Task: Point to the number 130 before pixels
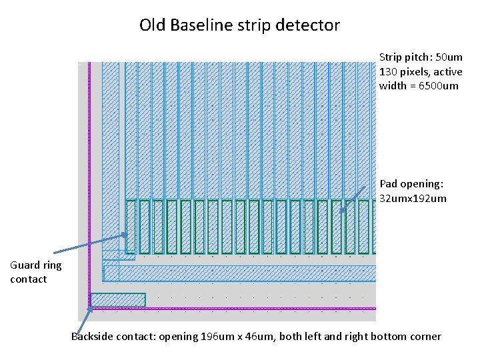389,71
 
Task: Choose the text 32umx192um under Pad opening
413,198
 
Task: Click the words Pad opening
411,183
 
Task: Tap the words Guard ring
36,265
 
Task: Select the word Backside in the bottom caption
92,336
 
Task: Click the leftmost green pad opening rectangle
131,227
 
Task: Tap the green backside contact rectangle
118,300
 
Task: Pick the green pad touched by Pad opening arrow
336,227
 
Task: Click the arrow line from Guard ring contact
90,243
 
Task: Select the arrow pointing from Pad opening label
357,196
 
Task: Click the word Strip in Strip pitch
390,57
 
